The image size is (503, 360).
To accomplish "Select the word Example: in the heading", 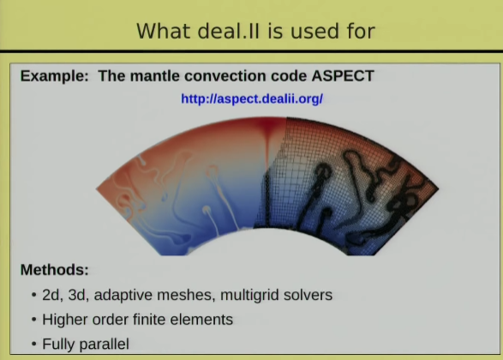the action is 55,76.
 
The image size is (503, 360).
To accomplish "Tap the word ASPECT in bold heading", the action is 343,76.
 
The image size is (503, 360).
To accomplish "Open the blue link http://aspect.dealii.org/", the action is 252,99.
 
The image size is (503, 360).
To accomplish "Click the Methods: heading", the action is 55,269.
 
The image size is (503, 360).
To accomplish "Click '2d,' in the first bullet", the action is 52,295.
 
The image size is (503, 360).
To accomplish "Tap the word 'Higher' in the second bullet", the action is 65,320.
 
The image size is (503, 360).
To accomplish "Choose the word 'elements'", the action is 201,320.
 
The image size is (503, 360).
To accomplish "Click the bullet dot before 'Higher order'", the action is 34,320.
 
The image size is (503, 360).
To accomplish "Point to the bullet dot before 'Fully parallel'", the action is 34,345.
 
